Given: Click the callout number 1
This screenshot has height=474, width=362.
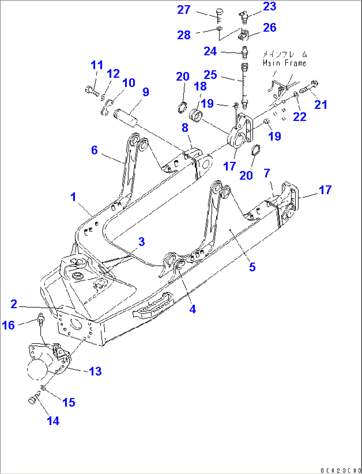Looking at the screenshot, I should pos(73,197).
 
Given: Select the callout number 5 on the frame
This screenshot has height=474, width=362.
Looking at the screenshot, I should pos(252,267).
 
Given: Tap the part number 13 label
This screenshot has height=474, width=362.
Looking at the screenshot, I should pos(95,371).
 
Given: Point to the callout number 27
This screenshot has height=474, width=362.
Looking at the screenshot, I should pos(184,10).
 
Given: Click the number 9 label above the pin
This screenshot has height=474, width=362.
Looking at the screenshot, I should pos(146,92).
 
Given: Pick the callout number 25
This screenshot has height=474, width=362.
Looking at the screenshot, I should pos(210,75).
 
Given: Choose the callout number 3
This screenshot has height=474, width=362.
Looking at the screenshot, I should pos(141,241).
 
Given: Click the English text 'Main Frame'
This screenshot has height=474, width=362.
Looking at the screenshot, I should pos(284,63).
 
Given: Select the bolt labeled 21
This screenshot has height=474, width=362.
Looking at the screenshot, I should pos(309,87).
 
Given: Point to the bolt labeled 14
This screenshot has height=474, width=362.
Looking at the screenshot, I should pos(34,398).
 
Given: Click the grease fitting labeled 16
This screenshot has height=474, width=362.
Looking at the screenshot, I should pos(41,320).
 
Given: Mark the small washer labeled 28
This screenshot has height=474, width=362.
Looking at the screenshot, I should pos(219,29).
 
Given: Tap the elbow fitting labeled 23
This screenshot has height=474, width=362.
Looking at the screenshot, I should pos(244,17).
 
